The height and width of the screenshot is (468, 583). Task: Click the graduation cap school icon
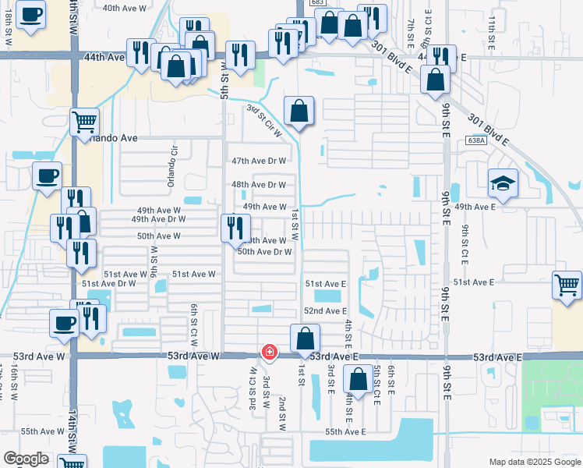click(503, 184)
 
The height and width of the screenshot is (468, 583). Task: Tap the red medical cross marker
click(269, 353)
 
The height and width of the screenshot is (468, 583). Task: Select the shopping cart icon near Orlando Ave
click(84, 122)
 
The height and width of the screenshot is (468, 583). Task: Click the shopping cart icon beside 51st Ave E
click(567, 284)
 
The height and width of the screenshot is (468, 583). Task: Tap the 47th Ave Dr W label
click(260, 161)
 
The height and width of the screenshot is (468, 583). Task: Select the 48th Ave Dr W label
click(260, 185)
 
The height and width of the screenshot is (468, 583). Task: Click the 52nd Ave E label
click(325, 311)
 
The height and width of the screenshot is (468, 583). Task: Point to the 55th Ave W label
click(43, 431)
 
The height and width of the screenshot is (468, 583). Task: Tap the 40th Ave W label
click(125, 8)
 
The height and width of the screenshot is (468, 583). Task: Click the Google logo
click(26, 459)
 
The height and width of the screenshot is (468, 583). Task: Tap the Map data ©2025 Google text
click(534, 462)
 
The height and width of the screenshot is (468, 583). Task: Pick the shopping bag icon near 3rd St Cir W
click(299, 111)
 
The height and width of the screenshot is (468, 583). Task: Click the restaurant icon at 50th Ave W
click(233, 228)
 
